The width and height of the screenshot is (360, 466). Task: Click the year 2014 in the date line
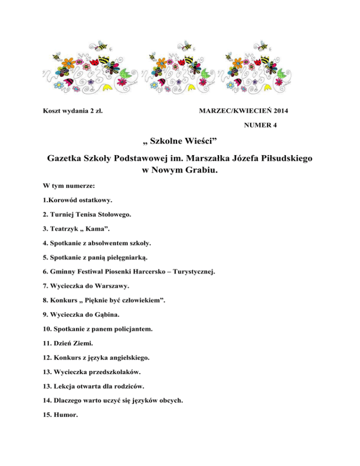click(279, 111)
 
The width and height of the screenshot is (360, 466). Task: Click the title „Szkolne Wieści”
click(180, 143)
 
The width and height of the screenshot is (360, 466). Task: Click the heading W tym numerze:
click(68, 186)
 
